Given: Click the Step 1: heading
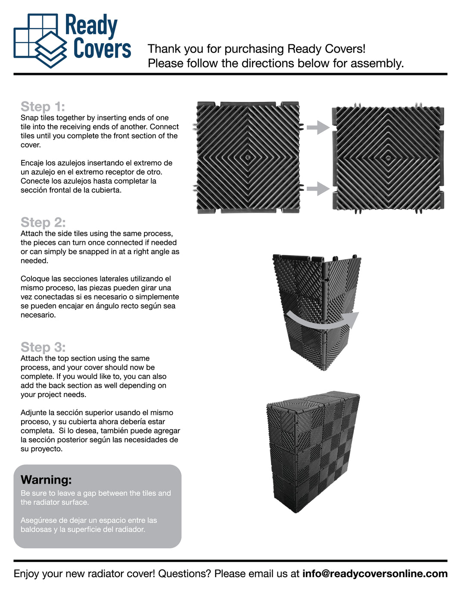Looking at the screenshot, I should pyautogui.click(x=43, y=106).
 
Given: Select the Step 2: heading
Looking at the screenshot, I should pyautogui.click(x=43, y=222).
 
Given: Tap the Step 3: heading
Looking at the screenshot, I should pyautogui.click(x=43, y=347).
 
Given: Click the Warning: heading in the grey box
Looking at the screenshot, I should pyautogui.click(x=46, y=480).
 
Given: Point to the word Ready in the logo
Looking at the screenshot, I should pyautogui.click(x=91, y=26).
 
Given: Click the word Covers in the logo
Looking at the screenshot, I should pyautogui.click(x=102, y=48).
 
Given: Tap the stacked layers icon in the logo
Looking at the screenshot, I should pyautogui.click(x=51, y=50).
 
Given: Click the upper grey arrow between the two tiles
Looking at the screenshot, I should pyautogui.click(x=318, y=127).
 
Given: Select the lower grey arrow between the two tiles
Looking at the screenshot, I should pyautogui.click(x=318, y=188).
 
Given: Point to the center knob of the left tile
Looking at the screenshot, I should pyautogui.click(x=248, y=157).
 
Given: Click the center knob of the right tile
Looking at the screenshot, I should pyautogui.click(x=388, y=158).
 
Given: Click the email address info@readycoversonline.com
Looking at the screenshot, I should pyautogui.click(x=375, y=574).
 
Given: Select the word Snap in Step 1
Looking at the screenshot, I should pyautogui.click(x=29, y=118).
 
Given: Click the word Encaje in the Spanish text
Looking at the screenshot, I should pyautogui.click(x=32, y=163).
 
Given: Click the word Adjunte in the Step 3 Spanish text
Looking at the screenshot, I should pyautogui.click(x=33, y=413).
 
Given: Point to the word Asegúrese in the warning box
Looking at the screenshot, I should pyautogui.click(x=38, y=520).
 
